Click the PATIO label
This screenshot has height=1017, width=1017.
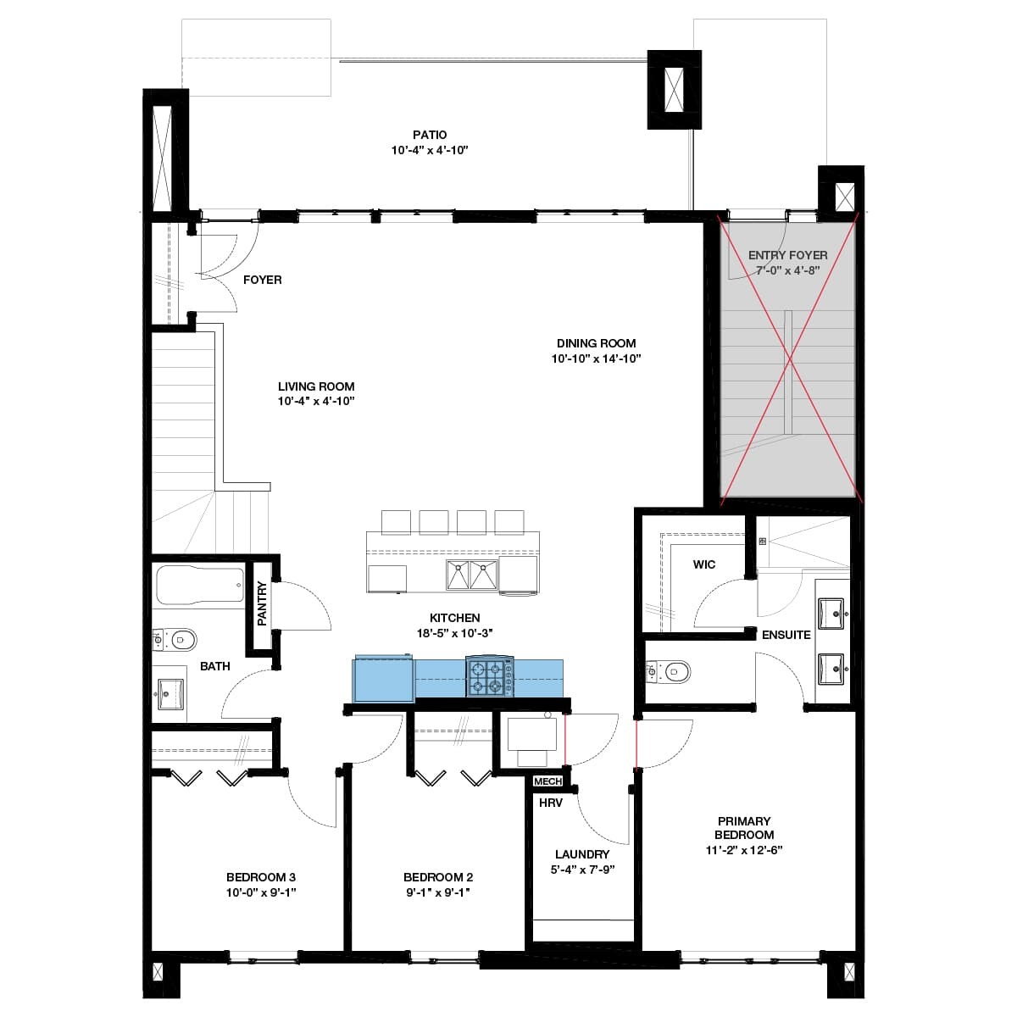click(430, 135)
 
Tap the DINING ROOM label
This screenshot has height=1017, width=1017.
click(597, 343)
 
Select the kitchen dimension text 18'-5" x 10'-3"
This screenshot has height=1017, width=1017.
click(455, 633)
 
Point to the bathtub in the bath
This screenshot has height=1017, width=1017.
click(200, 586)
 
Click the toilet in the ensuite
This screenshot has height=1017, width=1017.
click(668, 671)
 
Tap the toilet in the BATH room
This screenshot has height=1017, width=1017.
click(175, 640)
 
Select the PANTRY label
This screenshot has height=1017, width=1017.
click(262, 603)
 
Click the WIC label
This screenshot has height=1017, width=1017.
click(704, 564)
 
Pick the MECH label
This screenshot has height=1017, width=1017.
click(547, 781)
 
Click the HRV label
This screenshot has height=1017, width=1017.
click(551, 803)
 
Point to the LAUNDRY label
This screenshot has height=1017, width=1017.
click(582, 854)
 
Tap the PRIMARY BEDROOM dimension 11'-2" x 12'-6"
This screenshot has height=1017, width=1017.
click(744, 850)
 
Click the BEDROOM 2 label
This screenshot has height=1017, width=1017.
click(438, 877)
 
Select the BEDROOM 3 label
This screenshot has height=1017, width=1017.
click(261, 877)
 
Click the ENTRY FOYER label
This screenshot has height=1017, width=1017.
click(788, 255)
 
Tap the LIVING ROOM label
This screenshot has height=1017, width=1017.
click(316, 386)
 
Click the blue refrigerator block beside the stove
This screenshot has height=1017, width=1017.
click(384, 679)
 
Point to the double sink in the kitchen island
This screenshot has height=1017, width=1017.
click(472, 575)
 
